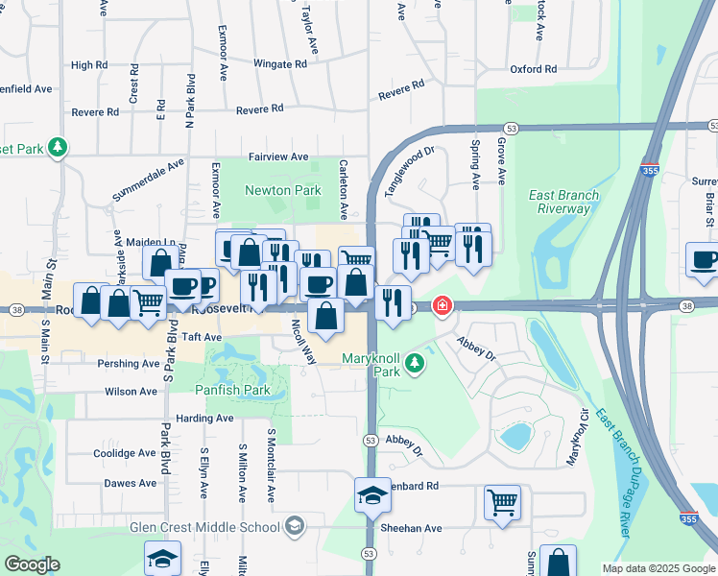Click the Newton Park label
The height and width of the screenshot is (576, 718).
(x=282, y=191)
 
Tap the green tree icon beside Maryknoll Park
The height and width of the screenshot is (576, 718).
(x=415, y=364)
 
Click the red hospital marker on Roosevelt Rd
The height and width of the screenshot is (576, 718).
(x=442, y=307)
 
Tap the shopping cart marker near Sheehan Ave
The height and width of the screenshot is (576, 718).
(x=502, y=502)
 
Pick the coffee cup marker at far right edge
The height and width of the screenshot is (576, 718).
(x=704, y=260)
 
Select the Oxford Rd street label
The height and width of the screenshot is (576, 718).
(x=533, y=69)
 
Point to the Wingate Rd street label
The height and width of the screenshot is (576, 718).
(x=279, y=63)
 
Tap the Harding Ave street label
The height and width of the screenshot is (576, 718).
(x=204, y=419)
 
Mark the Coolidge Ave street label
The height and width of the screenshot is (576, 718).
(x=124, y=453)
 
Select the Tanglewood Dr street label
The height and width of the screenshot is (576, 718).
(x=410, y=172)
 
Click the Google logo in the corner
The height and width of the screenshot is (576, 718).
(x=33, y=564)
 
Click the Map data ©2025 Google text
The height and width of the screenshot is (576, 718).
(x=658, y=568)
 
